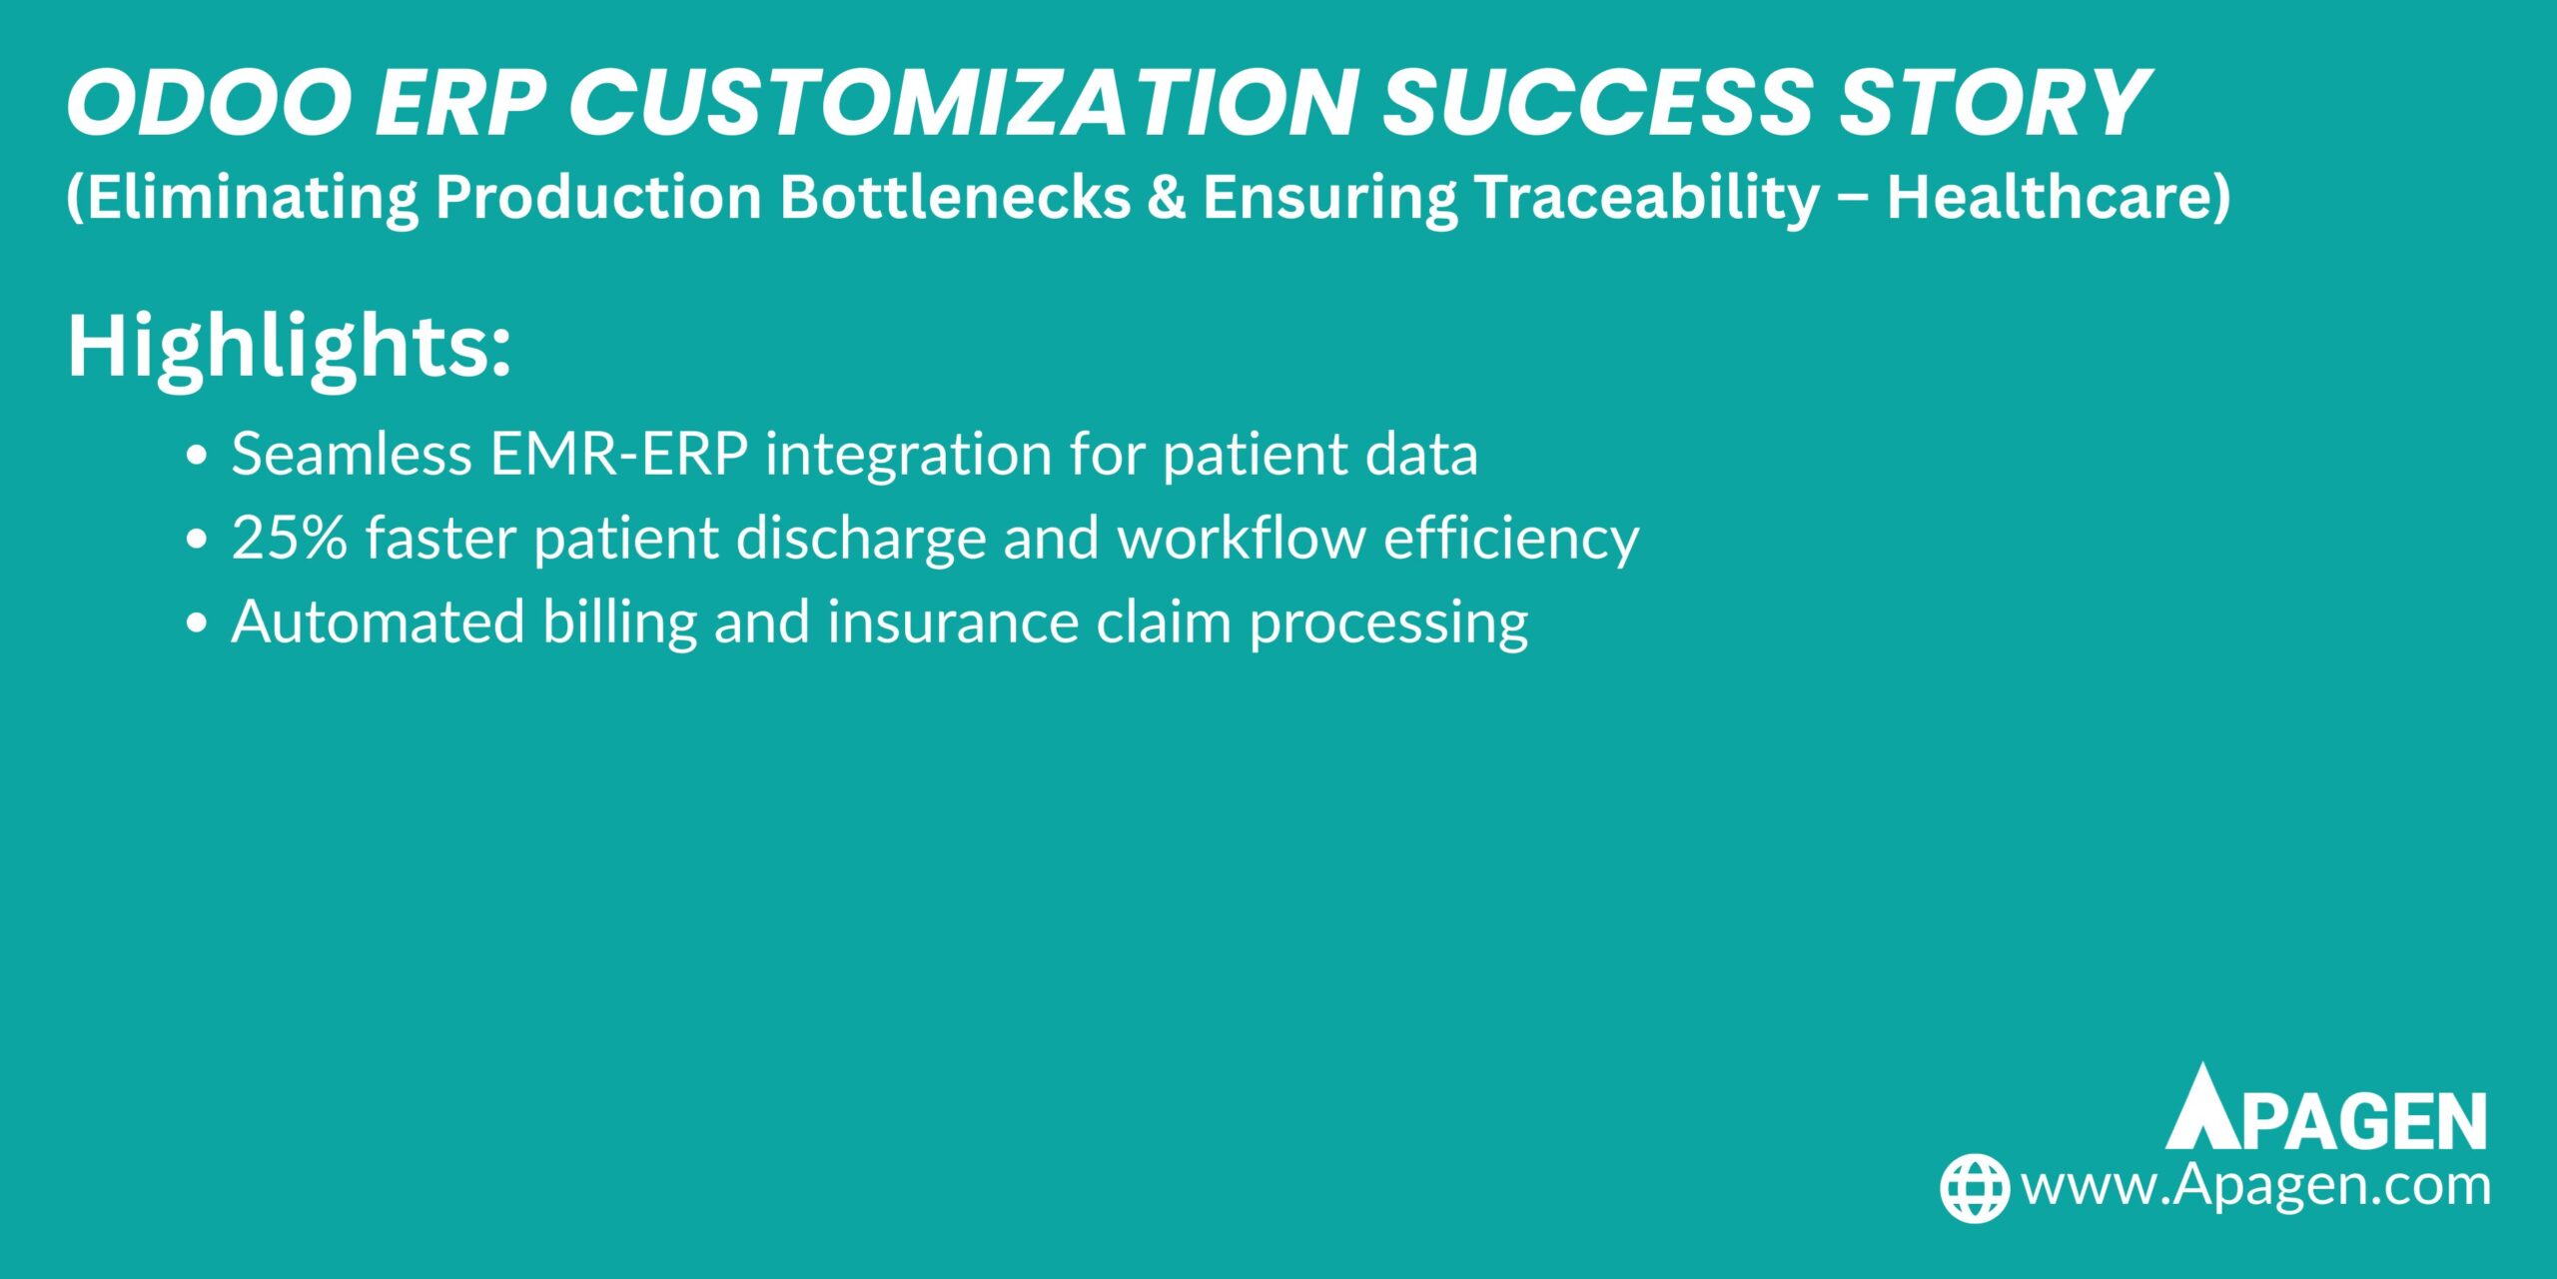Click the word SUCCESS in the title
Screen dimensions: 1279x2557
point(1598,103)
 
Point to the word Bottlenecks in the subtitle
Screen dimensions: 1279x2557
point(955,197)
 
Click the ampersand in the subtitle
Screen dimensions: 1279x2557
point(1166,197)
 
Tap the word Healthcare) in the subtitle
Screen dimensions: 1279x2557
point(2058,197)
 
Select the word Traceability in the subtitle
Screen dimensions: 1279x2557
point(1647,197)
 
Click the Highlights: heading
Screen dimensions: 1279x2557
point(290,347)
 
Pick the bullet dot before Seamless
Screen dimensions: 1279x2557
point(197,456)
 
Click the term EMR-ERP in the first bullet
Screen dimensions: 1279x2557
point(618,455)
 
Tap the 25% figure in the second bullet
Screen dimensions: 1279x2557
point(290,539)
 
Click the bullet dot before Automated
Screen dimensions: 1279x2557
point(197,624)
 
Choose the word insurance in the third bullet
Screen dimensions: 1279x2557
point(953,623)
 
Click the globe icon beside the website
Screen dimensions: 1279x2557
point(1974,1188)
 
